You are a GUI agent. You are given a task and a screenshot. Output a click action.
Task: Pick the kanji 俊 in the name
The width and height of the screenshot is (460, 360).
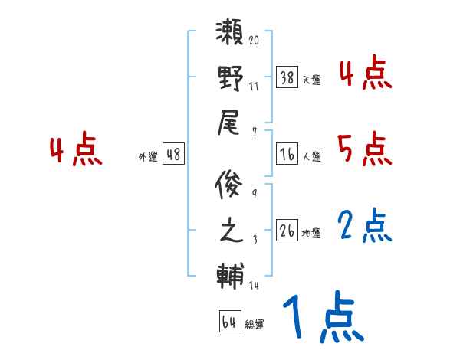(231, 185)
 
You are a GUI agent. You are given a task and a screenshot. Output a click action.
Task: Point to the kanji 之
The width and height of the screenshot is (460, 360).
(231, 231)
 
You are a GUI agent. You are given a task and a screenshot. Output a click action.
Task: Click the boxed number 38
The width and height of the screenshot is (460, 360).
(287, 77)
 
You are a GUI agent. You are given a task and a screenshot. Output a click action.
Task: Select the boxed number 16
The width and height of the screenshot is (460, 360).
(287, 155)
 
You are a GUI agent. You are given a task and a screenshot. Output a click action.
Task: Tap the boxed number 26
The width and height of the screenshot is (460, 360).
(287, 231)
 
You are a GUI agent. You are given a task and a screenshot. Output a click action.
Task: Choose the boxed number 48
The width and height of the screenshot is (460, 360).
(173, 155)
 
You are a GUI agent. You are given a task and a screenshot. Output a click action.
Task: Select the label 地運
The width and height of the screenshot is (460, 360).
(311, 233)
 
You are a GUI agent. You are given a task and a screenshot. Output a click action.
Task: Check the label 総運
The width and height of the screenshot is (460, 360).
(255, 324)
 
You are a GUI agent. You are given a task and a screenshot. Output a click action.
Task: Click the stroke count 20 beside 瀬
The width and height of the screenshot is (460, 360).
(254, 40)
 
